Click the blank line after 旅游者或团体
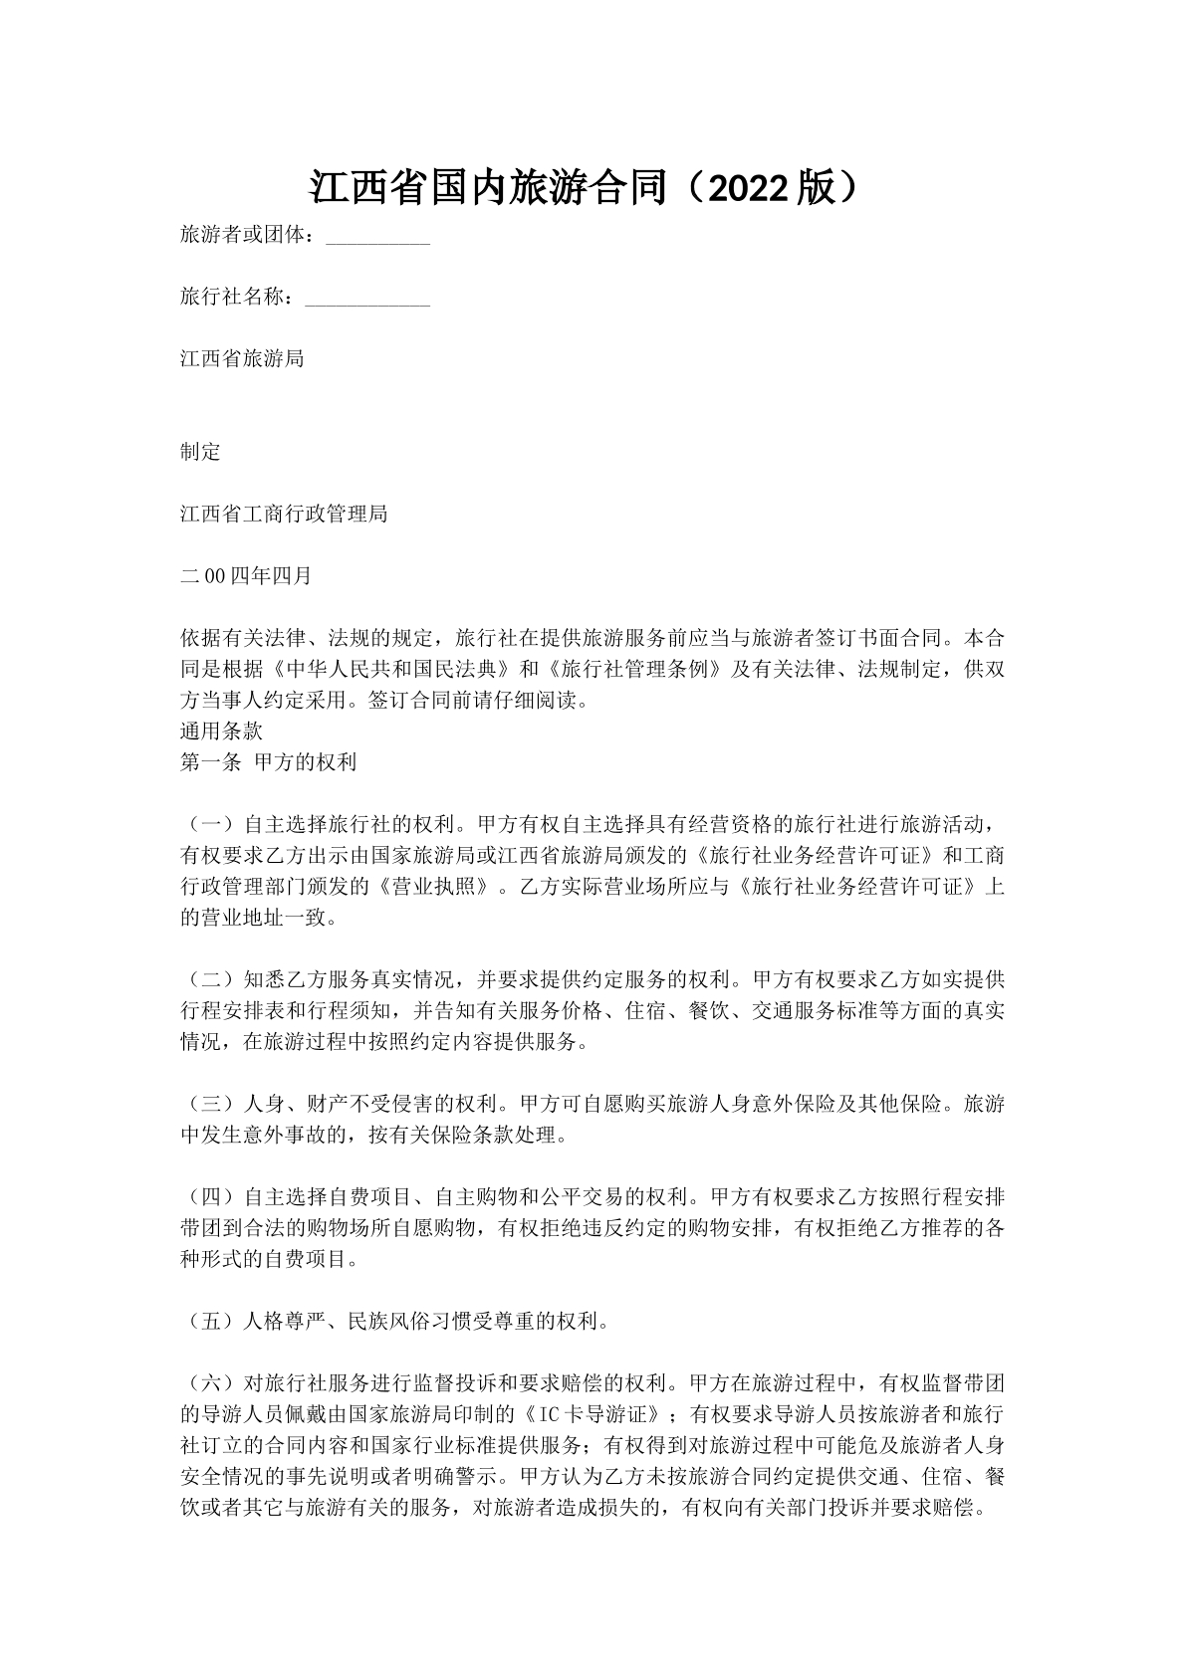(x=377, y=238)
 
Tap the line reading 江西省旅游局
(x=242, y=359)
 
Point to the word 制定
(x=200, y=452)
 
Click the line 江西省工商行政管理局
(x=284, y=514)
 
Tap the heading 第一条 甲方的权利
(x=268, y=763)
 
